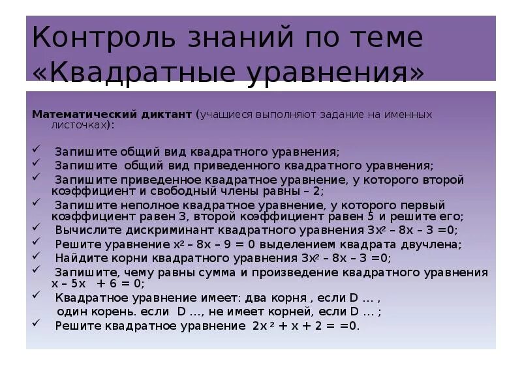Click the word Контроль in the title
point(97,38)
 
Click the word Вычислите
point(82,230)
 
